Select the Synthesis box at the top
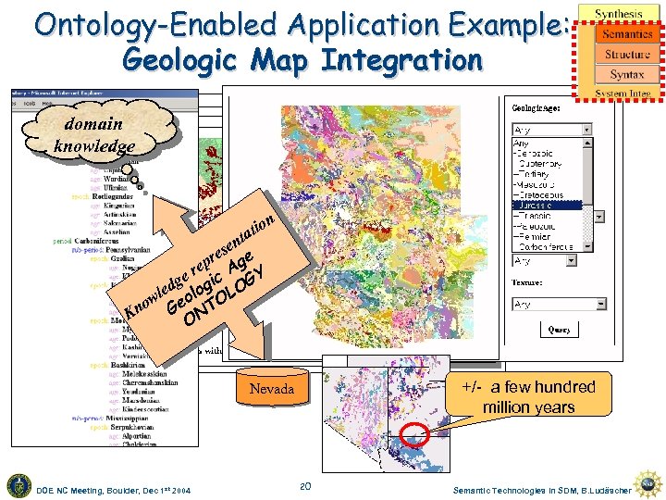(619, 14)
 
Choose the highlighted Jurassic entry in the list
(547, 206)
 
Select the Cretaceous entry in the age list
(546, 195)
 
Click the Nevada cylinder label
(271, 390)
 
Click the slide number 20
(305, 486)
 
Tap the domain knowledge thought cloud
(93, 134)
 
